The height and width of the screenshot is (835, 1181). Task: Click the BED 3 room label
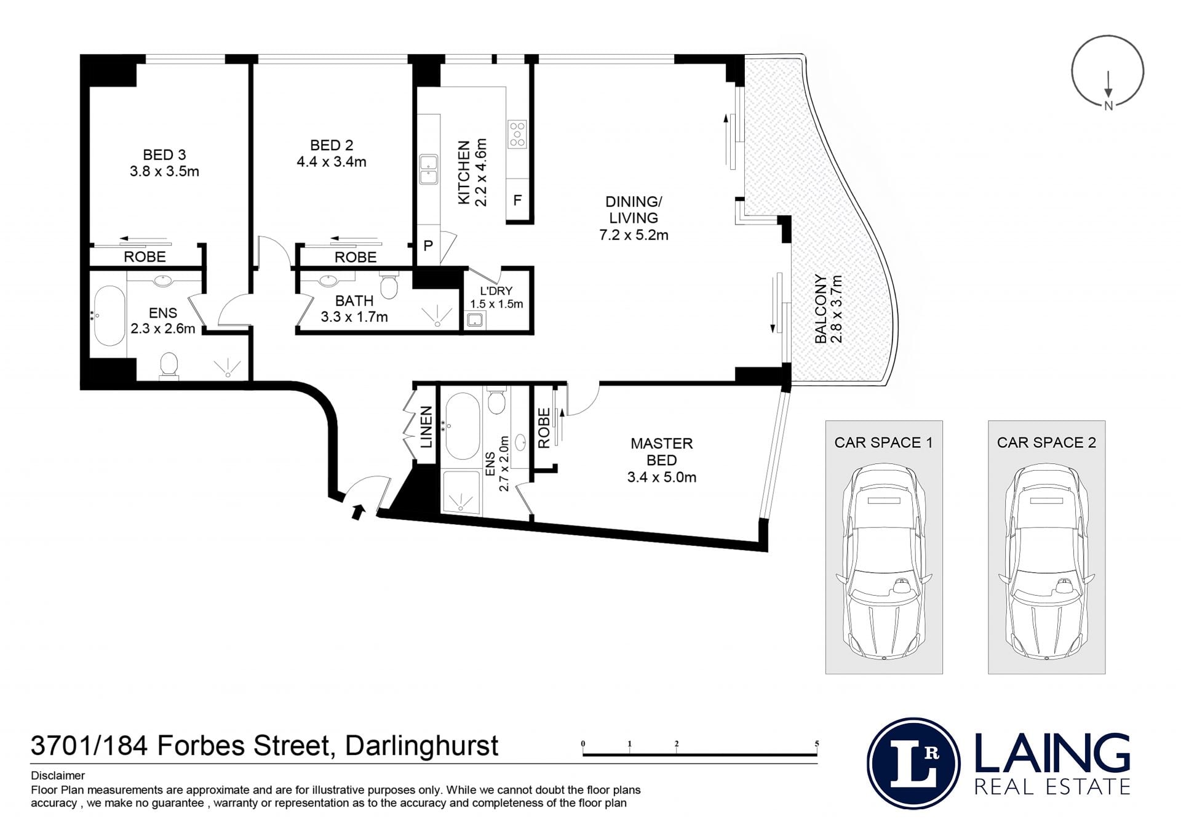[164, 155]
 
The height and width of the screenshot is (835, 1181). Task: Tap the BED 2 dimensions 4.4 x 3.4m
[332, 162]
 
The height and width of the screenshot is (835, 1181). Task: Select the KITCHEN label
[464, 172]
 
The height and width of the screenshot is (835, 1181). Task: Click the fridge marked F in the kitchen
[517, 200]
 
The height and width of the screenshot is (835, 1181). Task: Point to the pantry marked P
[428, 245]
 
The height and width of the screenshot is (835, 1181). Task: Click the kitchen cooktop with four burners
[517, 134]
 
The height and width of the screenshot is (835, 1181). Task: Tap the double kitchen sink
[429, 170]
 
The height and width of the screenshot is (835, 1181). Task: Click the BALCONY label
[820, 308]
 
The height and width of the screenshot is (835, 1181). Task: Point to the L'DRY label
[496, 291]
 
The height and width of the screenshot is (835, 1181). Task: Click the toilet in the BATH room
[389, 285]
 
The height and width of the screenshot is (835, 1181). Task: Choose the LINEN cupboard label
[426, 426]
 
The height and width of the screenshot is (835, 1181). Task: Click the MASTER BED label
[662, 452]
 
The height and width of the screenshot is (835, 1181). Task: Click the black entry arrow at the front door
[358, 511]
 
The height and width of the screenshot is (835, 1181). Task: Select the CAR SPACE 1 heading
[883, 442]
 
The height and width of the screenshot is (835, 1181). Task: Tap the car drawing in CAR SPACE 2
[1046, 562]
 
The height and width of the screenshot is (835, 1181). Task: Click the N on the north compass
[1108, 105]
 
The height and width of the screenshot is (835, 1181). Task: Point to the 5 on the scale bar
[817, 743]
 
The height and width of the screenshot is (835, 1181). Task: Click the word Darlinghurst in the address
[421, 746]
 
